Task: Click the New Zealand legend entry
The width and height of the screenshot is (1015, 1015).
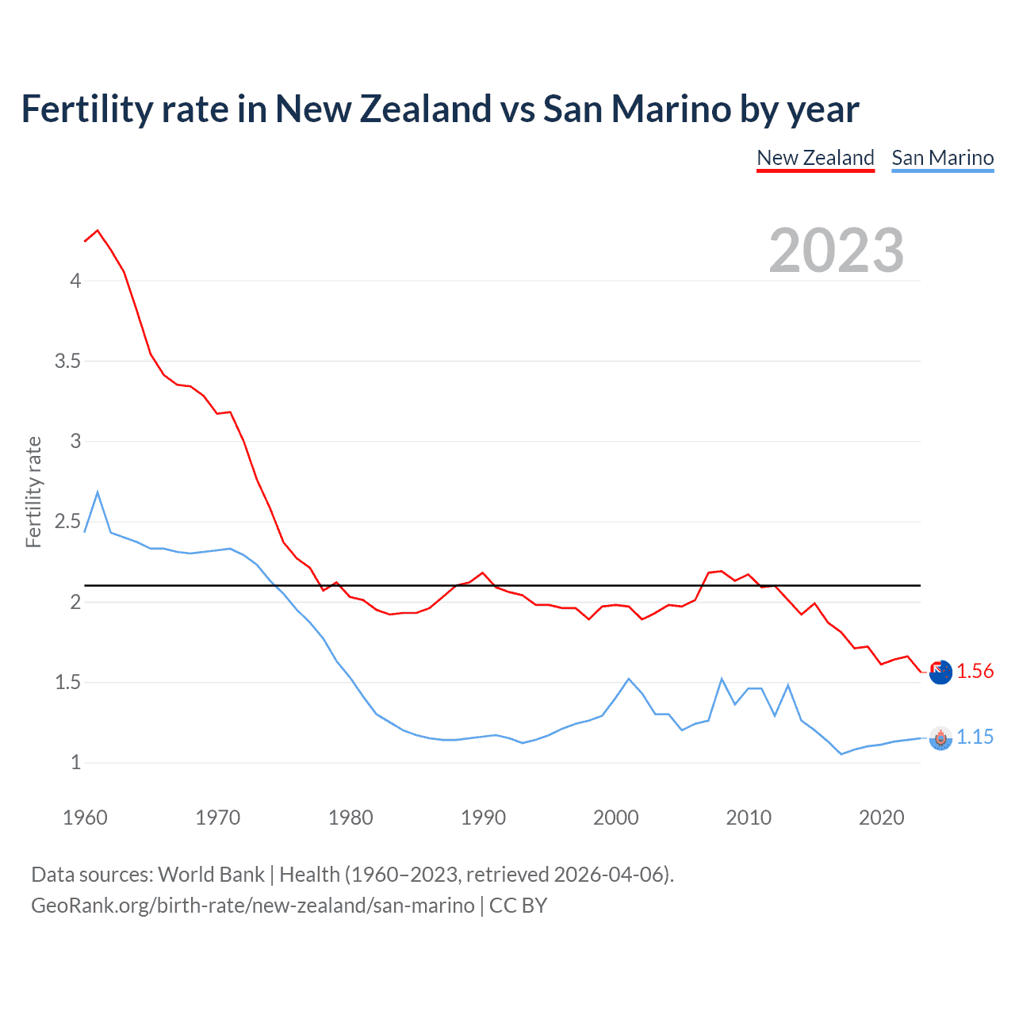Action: (x=815, y=158)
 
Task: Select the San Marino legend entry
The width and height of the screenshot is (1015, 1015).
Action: (x=942, y=158)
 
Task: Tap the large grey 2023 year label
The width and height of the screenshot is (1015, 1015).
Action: (x=837, y=251)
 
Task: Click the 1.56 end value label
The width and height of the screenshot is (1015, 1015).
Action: (x=975, y=671)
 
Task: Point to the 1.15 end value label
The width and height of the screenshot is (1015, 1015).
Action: (x=975, y=737)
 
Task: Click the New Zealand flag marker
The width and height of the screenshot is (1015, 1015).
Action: (x=940, y=672)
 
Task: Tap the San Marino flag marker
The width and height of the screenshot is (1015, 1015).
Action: (x=940, y=738)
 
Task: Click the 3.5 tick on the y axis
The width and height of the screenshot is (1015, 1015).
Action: (x=67, y=362)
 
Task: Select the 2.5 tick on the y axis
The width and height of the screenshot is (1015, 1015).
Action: (x=67, y=522)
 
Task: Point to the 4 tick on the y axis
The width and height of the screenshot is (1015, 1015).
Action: (x=75, y=281)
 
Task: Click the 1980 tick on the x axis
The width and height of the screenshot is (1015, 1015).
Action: (x=350, y=818)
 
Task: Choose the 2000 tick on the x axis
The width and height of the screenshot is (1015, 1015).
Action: (x=616, y=818)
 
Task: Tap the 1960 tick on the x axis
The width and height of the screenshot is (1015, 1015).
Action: (x=85, y=818)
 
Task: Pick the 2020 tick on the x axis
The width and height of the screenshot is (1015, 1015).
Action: (x=881, y=818)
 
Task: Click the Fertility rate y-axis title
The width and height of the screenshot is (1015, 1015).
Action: (x=33, y=492)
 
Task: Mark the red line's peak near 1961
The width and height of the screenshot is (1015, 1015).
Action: (x=98, y=231)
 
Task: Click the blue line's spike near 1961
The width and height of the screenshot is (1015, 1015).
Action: (x=98, y=492)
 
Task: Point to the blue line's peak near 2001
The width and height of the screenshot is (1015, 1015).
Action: (x=629, y=679)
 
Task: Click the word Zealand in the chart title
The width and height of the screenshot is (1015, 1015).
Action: (x=426, y=109)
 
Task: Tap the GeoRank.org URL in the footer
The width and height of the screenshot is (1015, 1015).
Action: (x=253, y=906)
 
